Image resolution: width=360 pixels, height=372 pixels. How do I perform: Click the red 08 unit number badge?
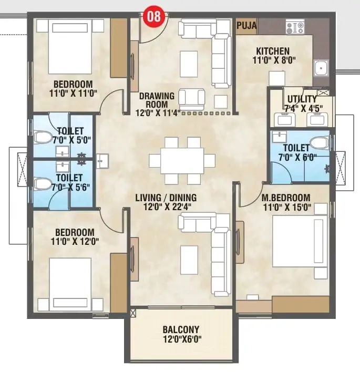coord(155,16)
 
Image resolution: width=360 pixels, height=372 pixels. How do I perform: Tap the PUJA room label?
coord(246,25)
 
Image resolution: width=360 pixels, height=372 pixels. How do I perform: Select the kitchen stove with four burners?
coord(295,27)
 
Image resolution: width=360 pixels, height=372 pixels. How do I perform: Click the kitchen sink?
coord(321,68)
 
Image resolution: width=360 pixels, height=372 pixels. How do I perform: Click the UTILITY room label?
coord(302,99)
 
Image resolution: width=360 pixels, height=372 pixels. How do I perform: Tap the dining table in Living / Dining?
coord(182,161)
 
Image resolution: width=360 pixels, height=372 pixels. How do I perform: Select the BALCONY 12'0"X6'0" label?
coord(181,334)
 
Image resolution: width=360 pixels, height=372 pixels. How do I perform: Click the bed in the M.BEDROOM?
coord(300,241)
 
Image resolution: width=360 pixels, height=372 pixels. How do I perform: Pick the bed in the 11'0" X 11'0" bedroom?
coord(70,47)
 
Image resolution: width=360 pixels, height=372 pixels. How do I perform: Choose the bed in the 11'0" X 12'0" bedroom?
coord(70,284)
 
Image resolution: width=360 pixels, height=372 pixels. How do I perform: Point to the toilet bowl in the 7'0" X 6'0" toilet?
coord(320,143)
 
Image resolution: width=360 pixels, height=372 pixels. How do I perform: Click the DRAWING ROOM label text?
coord(157,100)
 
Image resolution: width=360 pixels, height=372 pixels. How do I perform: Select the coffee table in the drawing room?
coord(189,64)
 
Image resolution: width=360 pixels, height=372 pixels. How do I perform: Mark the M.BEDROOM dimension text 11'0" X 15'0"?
coord(287,208)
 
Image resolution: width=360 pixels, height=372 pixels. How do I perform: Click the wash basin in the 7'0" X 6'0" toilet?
coord(279,137)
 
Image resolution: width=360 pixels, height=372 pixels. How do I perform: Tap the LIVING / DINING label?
coord(166,198)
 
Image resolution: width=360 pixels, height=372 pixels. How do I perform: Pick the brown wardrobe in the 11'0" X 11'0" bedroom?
coord(119,48)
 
